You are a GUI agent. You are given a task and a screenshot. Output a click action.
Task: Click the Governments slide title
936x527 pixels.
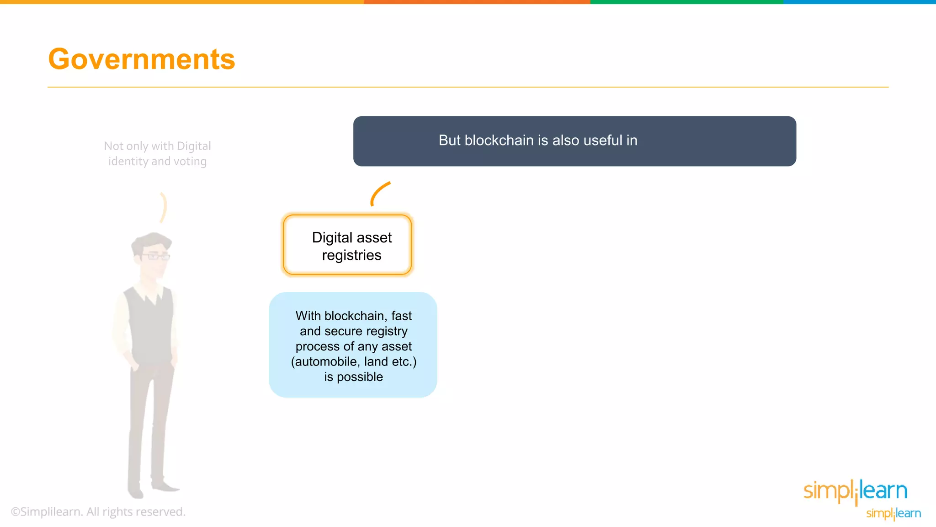[x=142, y=59]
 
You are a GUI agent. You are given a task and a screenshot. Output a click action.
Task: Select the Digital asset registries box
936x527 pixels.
[x=347, y=245]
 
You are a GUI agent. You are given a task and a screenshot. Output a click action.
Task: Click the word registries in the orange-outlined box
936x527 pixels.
[x=351, y=255]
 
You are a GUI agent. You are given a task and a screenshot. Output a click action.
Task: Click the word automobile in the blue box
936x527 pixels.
[x=326, y=362]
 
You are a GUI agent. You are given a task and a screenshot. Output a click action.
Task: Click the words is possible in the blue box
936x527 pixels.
[x=353, y=377]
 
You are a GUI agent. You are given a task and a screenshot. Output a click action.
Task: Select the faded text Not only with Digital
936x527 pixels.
[x=157, y=146]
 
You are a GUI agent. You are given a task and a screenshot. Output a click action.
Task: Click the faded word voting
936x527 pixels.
[x=190, y=161]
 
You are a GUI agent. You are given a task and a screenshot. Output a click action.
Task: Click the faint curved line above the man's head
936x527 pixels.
[x=163, y=207]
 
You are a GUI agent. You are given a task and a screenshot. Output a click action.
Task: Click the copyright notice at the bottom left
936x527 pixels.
[x=98, y=512]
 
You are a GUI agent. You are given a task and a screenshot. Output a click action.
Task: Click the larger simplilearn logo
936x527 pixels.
[x=855, y=491]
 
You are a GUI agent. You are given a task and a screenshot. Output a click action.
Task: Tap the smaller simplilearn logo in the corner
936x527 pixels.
[x=893, y=514]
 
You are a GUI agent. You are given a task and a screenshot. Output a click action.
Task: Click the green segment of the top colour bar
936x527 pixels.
[x=686, y=2]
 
